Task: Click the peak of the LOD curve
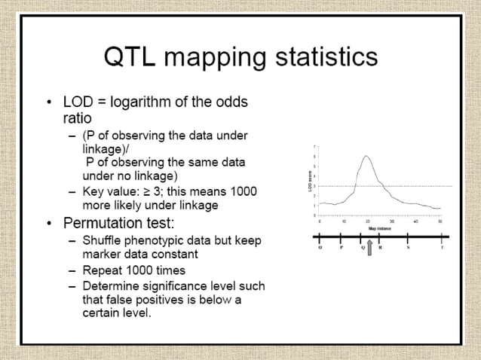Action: [x=366, y=156]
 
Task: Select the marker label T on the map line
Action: [x=442, y=246]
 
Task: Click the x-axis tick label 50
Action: [x=440, y=221]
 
